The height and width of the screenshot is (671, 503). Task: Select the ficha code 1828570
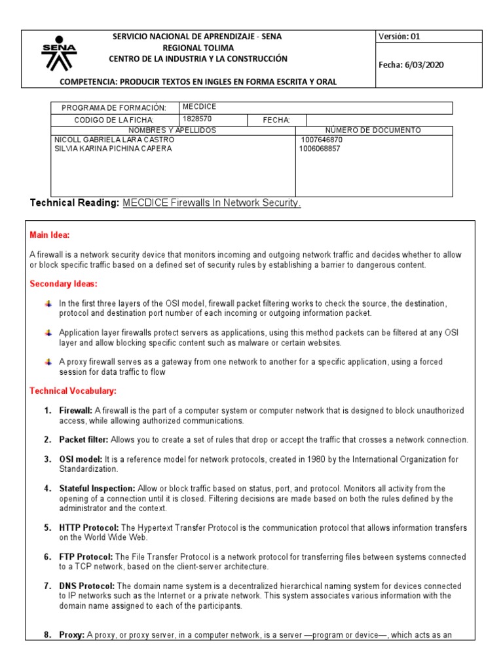(x=198, y=119)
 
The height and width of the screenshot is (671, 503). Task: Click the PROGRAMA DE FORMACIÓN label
(x=114, y=107)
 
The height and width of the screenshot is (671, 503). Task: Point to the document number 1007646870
(x=322, y=140)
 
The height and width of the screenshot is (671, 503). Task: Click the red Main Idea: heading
(x=50, y=235)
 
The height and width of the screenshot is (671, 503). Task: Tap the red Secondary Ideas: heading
(x=64, y=284)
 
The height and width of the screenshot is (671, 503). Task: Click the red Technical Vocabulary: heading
(x=73, y=391)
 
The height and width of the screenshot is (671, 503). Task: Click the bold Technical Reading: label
(x=75, y=203)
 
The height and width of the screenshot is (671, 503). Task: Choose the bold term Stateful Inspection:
(x=97, y=489)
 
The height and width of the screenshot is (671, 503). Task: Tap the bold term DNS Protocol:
(x=87, y=586)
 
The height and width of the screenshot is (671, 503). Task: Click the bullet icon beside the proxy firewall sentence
(x=48, y=362)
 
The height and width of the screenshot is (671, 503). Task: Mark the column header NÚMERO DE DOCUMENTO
(x=373, y=130)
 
